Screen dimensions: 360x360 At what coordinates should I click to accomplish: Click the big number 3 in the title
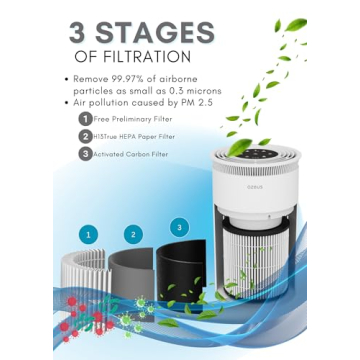[82, 30]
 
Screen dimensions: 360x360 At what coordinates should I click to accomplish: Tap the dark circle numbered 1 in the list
[85, 119]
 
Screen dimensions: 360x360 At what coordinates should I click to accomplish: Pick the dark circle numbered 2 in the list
[85, 137]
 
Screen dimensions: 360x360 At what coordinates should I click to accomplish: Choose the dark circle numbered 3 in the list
[85, 155]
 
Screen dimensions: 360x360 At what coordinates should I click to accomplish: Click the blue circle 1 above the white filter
[90, 234]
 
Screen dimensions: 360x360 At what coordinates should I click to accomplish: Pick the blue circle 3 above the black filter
[179, 227]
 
